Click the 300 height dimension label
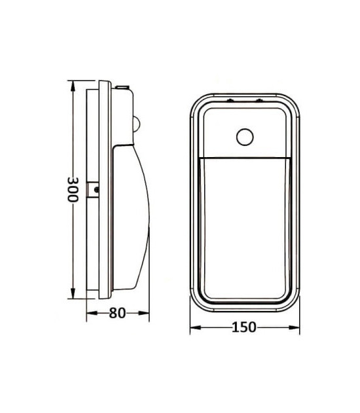(x=73, y=189)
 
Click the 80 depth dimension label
(x=117, y=313)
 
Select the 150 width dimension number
(x=243, y=327)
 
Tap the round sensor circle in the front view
(x=245, y=137)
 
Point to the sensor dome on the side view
(x=137, y=124)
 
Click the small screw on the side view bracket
(x=97, y=189)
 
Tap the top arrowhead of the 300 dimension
(x=73, y=86)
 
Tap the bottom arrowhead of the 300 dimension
(x=73, y=293)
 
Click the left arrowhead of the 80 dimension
(x=92, y=313)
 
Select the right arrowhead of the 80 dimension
(x=143, y=313)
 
